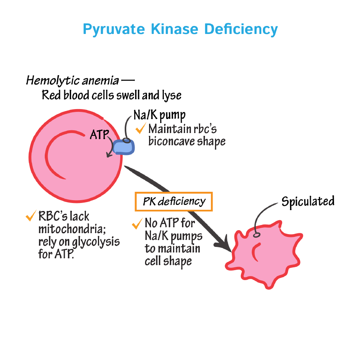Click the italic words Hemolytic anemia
[x=72, y=81]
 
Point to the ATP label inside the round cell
[x=99, y=135]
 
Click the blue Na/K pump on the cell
[x=124, y=147]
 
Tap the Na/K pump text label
[x=159, y=115]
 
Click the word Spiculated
[x=308, y=201]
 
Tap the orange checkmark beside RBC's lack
[x=31, y=216]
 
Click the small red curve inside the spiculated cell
[x=255, y=251]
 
